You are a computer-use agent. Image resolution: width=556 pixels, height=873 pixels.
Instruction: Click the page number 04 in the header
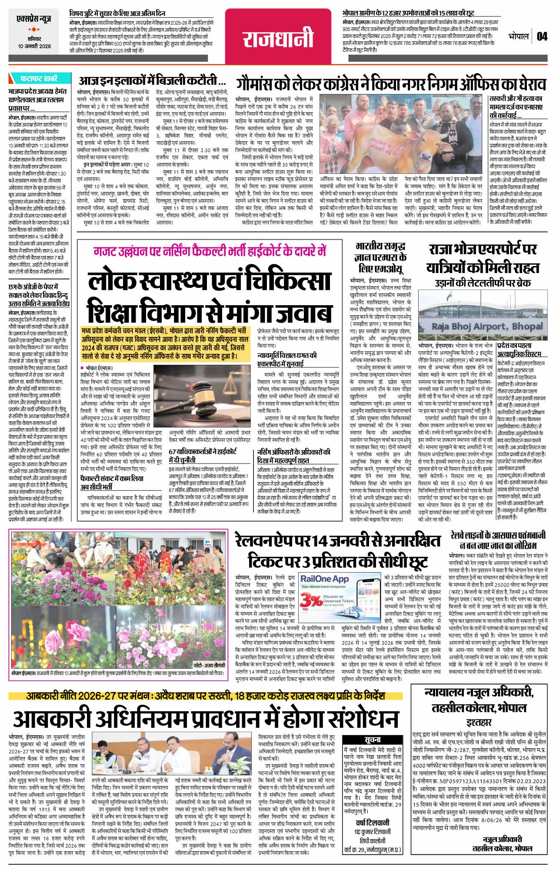(x=542, y=36)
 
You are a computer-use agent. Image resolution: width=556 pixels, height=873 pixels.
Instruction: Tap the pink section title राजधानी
(x=278, y=37)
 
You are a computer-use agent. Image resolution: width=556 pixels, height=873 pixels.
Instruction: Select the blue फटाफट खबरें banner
(x=38, y=79)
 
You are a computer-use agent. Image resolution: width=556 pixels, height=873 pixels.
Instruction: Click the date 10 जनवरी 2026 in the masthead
(x=34, y=46)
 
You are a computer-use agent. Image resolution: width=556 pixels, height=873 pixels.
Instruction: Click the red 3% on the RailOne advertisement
(x=311, y=601)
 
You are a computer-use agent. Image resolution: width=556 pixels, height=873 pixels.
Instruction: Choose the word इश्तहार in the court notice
(x=479, y=723)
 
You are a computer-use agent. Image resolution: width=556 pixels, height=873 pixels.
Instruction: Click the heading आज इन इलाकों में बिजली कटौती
(x=152, y=81)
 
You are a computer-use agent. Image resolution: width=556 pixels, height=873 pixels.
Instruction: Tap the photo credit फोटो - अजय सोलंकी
(x=209, y=666)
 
